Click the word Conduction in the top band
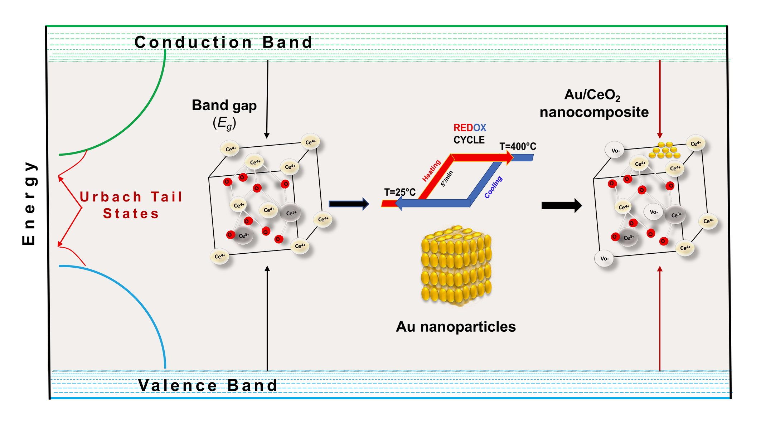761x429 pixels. pos(193,42)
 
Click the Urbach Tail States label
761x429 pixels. pos(131,205)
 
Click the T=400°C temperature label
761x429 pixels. pos(518,146)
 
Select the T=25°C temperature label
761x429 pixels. pos(400,192)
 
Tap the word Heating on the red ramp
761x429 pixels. pos(431,171)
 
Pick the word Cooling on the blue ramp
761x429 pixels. pos(493,187)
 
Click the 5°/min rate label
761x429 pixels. pos(447,179)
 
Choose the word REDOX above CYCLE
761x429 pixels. pos(470,128)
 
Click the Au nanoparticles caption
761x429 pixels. pos(456,327)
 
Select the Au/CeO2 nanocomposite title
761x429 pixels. pos(594,103)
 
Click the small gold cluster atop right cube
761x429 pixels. pos(664,150)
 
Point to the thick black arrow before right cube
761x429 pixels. pos(561,205)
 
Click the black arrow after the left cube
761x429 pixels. pos(348,204)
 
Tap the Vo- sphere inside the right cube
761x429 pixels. pos(654,212)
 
